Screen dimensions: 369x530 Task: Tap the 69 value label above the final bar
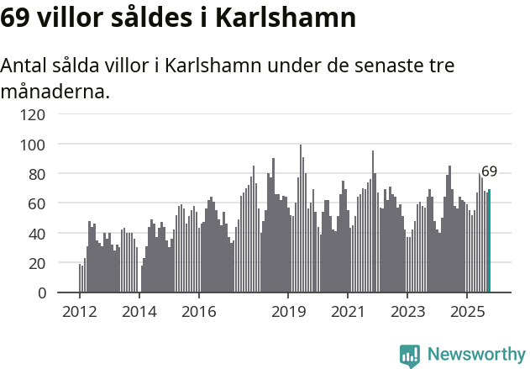pyautogui.click(x=489, y=171)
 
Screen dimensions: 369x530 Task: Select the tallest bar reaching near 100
pyautogui.click(x=301, y=219)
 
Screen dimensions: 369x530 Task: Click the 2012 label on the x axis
pyautogui.click(x=80, y=312)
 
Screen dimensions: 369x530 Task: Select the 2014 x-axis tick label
pyautogui.click(x=139, y=312)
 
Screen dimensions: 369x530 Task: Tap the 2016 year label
pyautogui.click(x=198, y=312)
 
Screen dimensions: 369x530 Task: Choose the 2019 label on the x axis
pyautogui.click(x=288, y=312)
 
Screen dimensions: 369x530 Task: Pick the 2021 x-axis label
pyautogui.click(x=347, y=312)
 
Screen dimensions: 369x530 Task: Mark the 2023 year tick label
pyautogui.click(x=407, y=312)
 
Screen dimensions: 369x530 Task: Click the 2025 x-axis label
pyautogui.click(x=466, y=312)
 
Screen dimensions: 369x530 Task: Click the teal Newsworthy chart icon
pyautogui.click(x=410, y=355)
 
